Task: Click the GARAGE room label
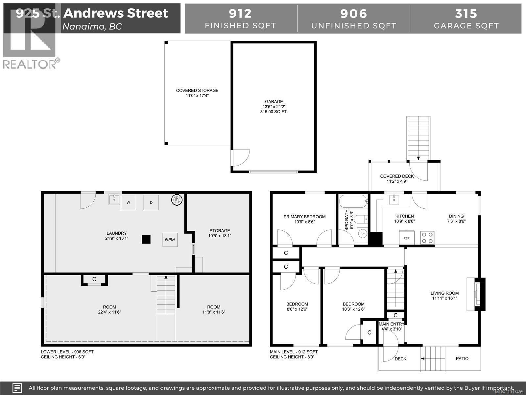(x=274, y=102)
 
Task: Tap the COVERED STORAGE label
(x=197, y=91)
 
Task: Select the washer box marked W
(x=128, y=202)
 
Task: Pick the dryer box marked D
(x=151, y=202)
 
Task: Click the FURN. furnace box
(x=170, y=240)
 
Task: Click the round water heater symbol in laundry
(x=177, y=199)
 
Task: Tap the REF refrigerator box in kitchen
(x=407, y=238)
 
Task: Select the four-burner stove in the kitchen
(x=427, y=238)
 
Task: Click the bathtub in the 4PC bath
(x=353, y=201)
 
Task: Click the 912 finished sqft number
(x=240, y=13)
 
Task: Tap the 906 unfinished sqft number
(x=353, y=13)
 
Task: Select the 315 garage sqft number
(x=466, y=13)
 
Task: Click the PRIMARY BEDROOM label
(x=304, y=217)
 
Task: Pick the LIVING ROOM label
(x=444, y=293)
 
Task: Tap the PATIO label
(x=462, y=358)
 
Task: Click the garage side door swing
(x=240, y=158)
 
